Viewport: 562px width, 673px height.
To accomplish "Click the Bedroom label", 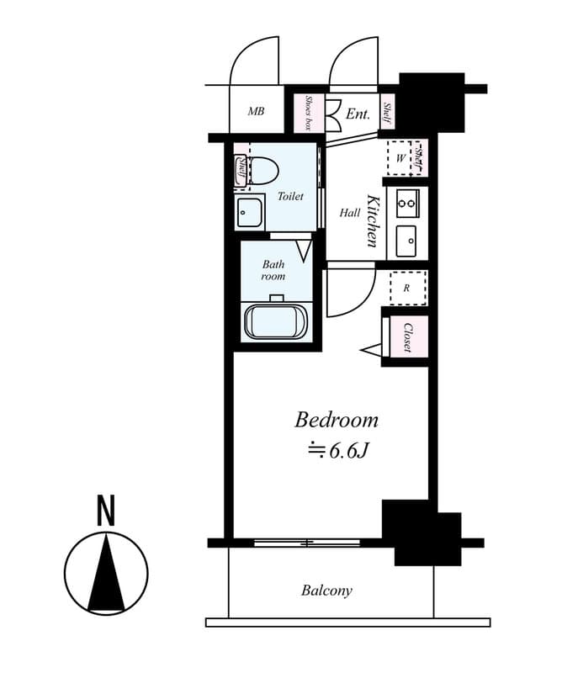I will pyautogui.click(x=336, y=419).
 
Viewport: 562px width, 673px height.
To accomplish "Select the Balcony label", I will pyautogui.click(x=326, y=591).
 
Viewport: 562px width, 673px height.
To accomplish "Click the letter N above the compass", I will pyautogui.click(x=106, y=511).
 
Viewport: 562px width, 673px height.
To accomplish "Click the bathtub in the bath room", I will pyautogui.click(x=276, y=321).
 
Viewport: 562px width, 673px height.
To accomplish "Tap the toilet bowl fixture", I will pyautogui.click(x=263, y=172).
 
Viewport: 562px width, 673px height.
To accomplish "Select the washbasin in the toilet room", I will pyautogui.click(x=249, y=214).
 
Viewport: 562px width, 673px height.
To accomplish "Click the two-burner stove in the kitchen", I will pyautogui.click(x=407, y=202).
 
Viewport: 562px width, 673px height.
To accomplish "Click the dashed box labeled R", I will pyautogui.click(x=407, y=288).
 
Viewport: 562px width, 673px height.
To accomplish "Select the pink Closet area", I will pyautogui.click(x=407, y=336).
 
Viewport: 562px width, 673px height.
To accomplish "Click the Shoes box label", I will pyautogui.click(x=308, y=112).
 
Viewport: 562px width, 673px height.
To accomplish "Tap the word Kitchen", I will pyautogui.click(x=372, y=220).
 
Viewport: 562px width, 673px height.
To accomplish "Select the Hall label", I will pyautogui.click(x=349, y=213).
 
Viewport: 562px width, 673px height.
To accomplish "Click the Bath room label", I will pyautogui.click(x=273, y=270).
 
